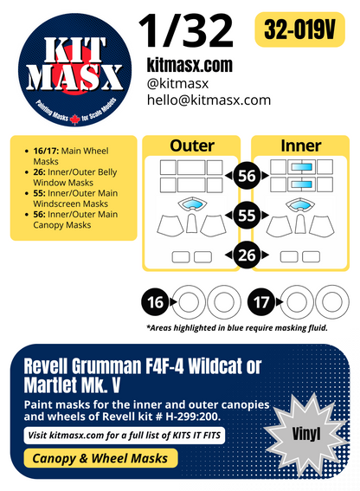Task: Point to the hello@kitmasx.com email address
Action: pyautogui.click(x=208, y=100)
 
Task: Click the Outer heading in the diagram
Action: pyautogui.click(x=191, y=146)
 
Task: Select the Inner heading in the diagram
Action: pyautogui.click(x=301, y=146)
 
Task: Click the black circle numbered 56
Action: pyautogui.click(x=247, y=177)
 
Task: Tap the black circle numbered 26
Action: pyautogui.click(x=247, y=255)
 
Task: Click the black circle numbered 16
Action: pyautogui.click(x=156, y=303)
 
